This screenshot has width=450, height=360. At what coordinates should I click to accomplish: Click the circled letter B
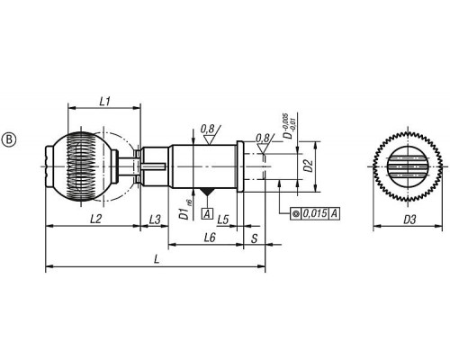point(9,140)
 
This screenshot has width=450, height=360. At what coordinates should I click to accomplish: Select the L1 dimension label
point(104,102)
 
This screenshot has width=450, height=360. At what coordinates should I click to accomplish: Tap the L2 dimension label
point(95,220)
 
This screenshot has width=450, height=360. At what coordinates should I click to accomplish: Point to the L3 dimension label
point(155,220)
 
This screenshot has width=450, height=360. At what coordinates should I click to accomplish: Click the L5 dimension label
point(223,220)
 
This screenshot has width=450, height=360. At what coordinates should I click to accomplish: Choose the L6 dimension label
point(210,238)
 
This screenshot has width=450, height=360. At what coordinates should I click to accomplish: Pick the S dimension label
point(255,238)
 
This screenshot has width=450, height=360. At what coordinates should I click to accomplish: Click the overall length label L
point(157,259)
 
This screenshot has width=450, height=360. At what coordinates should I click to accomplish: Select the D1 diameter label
point(187,210)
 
